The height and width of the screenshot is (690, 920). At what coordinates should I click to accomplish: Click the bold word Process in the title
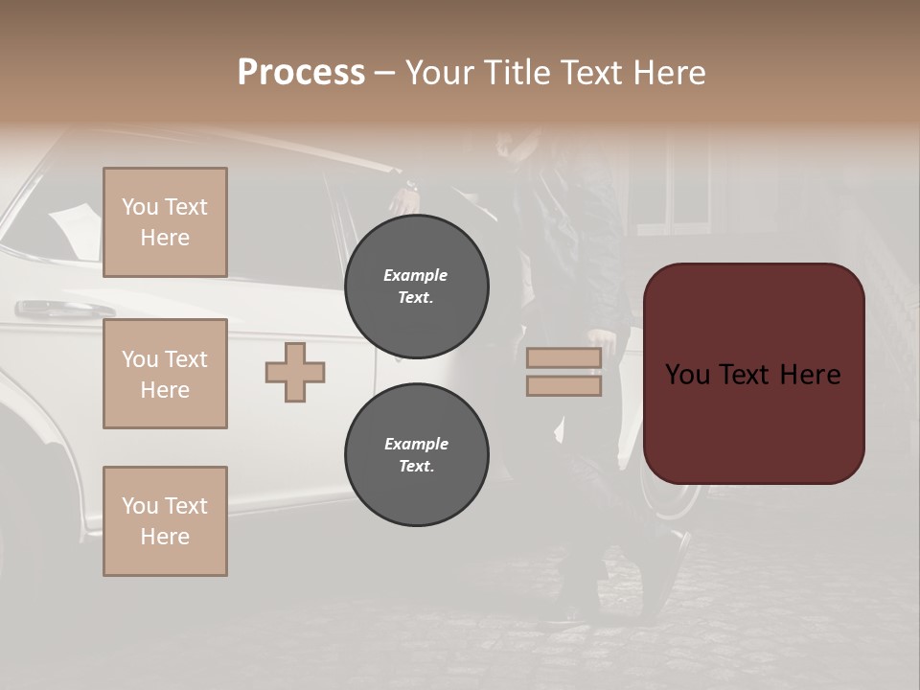coord(301,72)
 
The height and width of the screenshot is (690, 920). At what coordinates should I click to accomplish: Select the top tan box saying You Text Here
coord(165,222)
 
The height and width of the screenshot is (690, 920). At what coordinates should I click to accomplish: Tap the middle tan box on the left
coord(165,374)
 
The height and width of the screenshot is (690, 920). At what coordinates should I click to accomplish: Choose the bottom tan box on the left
coord(165,521)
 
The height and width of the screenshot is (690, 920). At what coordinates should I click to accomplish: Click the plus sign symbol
coord(295,373)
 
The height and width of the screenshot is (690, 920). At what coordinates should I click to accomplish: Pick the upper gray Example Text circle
coord(416,287)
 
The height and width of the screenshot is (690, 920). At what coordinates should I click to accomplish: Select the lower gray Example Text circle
coord(416,455)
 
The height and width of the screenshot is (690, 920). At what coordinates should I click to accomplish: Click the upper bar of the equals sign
coord(563,358)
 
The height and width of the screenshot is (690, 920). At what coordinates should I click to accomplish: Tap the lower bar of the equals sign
coord(563,386)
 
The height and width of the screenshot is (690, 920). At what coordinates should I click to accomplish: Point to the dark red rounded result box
coord(753,374)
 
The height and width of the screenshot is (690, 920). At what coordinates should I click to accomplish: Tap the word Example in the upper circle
coord(416,275)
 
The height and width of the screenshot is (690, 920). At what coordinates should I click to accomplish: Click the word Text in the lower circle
coord(416,467)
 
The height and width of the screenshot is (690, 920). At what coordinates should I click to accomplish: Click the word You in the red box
coord(687,374)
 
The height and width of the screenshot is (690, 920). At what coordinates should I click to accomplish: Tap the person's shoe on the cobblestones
coord(666,575)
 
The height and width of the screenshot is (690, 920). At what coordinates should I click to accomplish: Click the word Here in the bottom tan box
coord(165,537)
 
